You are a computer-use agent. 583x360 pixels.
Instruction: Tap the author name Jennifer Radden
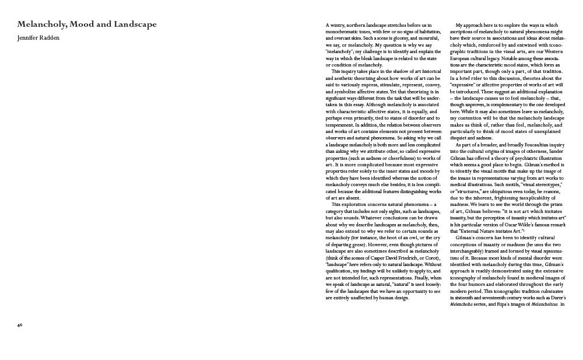38,38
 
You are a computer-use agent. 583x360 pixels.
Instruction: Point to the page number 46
20,324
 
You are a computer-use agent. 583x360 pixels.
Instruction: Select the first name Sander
555,151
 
